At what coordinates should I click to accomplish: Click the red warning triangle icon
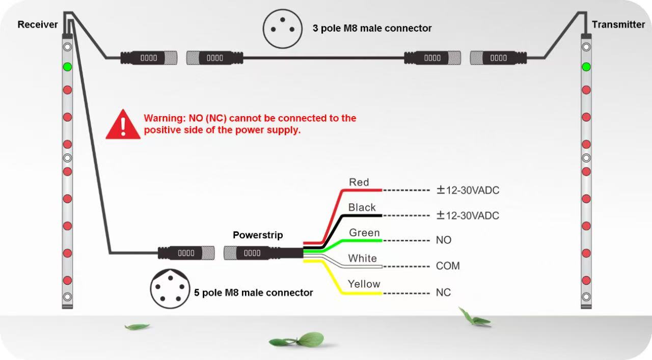click(123, 124)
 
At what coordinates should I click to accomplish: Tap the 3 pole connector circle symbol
click(282, 28)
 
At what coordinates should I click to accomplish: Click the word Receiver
click(38, 24)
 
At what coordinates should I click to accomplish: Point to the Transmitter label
click(618, 24)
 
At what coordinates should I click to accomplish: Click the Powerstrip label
click(258, 235)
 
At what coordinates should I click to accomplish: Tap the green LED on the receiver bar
click(67, 67)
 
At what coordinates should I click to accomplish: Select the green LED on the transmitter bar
click(586, 67)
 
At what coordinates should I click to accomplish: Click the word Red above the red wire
click(359, 182)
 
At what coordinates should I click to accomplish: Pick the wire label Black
click(362, 208)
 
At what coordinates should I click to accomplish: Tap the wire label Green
click(364, 233)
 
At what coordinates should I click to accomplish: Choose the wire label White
click(363, 259)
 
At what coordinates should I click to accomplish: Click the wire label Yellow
click(364, 284)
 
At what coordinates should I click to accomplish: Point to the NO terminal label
click(444, 240)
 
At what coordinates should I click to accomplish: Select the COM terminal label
click(448, 266)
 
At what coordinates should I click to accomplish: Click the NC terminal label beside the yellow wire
click(443, 293)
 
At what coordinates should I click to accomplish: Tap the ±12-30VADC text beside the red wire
click(468, 190)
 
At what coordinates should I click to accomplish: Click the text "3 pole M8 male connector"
click(372, 29)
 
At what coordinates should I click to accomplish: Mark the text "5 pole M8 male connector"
click(254, 293)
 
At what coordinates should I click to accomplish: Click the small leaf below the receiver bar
click(137, 326)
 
